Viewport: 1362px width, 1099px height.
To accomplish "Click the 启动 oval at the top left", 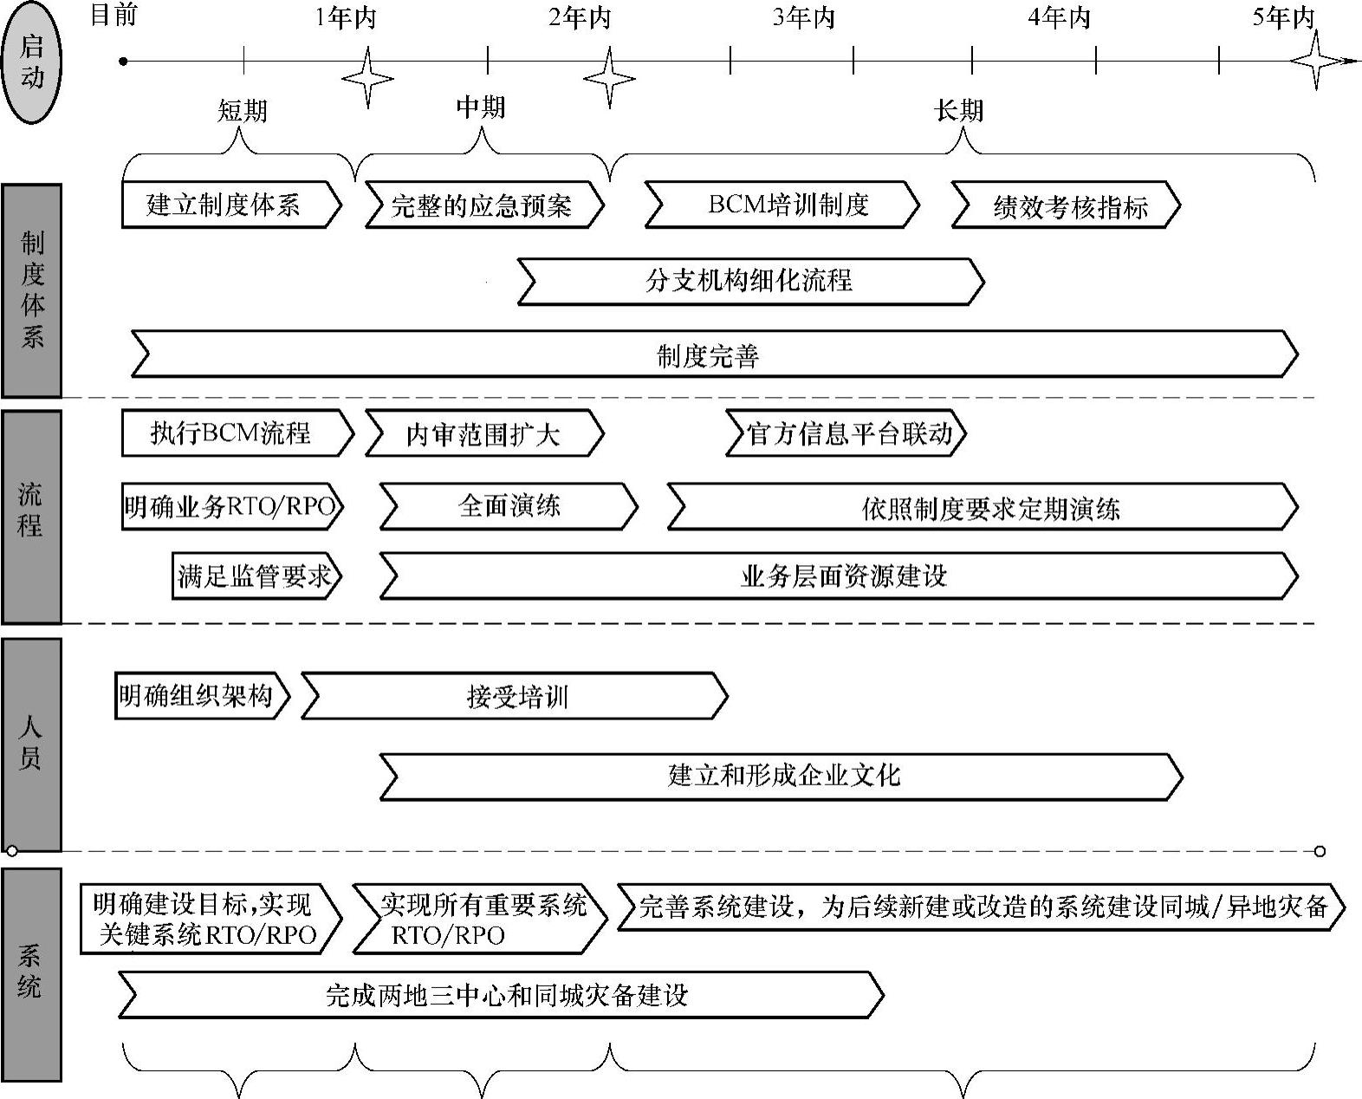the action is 32,62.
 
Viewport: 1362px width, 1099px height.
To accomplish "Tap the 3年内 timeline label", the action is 803,17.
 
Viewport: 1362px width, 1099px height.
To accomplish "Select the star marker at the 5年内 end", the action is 1316,61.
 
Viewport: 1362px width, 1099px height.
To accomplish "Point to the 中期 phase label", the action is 480,107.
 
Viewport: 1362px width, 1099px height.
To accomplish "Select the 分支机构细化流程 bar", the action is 750,281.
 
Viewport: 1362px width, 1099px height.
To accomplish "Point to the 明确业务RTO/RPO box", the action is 231,506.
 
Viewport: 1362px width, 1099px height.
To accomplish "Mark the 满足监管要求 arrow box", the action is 256,576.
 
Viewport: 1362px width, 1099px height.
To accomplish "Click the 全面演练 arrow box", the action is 509,506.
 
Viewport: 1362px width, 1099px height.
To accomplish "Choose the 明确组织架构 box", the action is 199,696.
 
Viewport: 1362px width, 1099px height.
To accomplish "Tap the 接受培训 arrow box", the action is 515,696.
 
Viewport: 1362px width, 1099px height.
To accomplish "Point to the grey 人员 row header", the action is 32,745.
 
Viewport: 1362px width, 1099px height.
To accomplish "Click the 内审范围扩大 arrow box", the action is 483,433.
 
